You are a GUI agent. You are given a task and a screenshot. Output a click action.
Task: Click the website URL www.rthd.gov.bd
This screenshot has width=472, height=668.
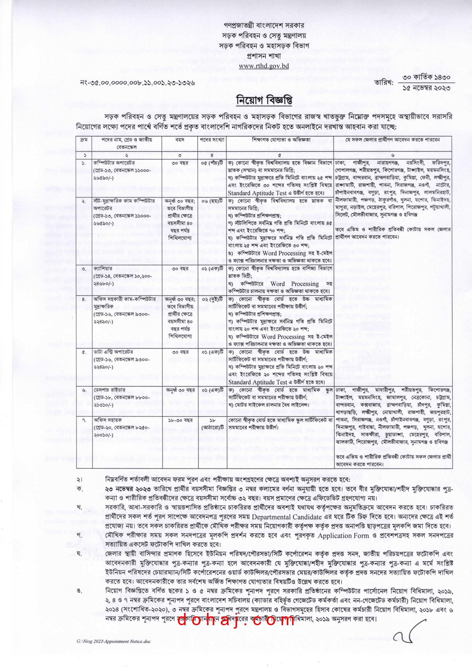click(x=264, y=66)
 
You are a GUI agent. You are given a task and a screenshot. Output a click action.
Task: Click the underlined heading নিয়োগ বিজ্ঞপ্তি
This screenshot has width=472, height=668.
click(x=264, y=100)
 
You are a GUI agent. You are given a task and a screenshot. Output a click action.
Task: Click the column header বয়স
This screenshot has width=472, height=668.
click(x=180, y=140)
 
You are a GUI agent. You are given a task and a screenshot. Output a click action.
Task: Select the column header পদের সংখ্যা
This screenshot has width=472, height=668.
click(x=212, y=140)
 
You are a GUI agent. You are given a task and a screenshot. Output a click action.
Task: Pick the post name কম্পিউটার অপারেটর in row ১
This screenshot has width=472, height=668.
click(x=114, y=163)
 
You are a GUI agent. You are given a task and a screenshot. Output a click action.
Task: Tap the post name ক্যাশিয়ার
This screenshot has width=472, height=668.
click(x=103, y=269)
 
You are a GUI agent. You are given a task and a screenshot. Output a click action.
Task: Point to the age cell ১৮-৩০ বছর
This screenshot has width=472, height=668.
click(x=180, y=420)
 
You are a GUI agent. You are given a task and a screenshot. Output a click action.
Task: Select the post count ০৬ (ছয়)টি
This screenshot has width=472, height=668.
click(x=212, y=201)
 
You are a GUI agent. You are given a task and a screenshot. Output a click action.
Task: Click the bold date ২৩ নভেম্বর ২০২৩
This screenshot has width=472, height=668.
click(x=128, y=489)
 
